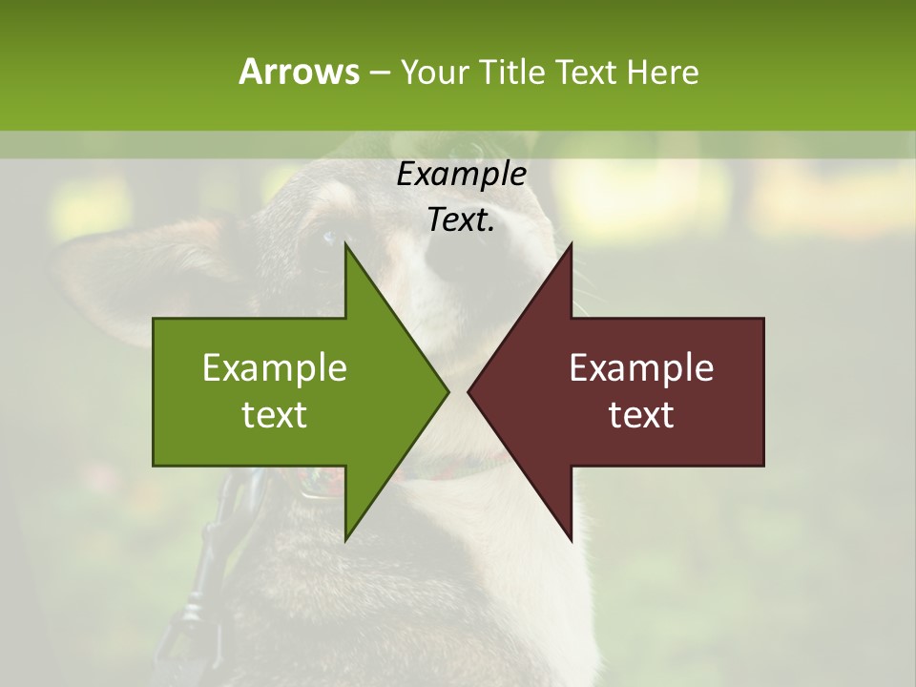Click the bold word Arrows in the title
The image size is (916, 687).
coord(299,72)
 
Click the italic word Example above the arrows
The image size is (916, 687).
coord(461,175)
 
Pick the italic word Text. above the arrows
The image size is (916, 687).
coord(461,220)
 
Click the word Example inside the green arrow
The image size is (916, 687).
coord(275,368)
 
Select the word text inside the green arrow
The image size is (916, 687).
coord(275,414)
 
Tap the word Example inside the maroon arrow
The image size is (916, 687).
coord(641,368)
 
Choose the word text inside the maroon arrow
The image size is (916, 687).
coord(641,414)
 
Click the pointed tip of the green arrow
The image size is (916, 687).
coord(448,391)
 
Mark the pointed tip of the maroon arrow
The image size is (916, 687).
coord(469,391)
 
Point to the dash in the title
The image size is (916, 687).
coord(379,73)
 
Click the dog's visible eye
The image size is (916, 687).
coord(328,237)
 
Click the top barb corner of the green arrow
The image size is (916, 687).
coord(345,244)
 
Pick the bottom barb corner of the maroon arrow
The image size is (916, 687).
coord(572,539)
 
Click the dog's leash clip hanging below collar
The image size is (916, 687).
coord(215,544)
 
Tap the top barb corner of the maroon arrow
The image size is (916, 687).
coord(572,244)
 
